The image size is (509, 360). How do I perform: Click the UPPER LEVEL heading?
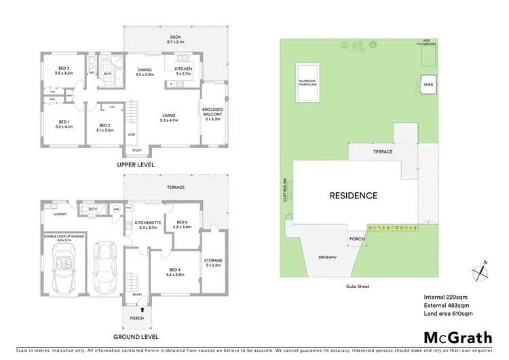[x=135, y=164]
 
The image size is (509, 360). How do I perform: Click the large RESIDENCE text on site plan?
[x=353, y=196]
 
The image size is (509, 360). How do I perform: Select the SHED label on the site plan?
[x=428, y=85]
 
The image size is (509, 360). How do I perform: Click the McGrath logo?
[x=449, y=337]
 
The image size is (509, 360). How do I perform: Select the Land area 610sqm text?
[x=448, y=314]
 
